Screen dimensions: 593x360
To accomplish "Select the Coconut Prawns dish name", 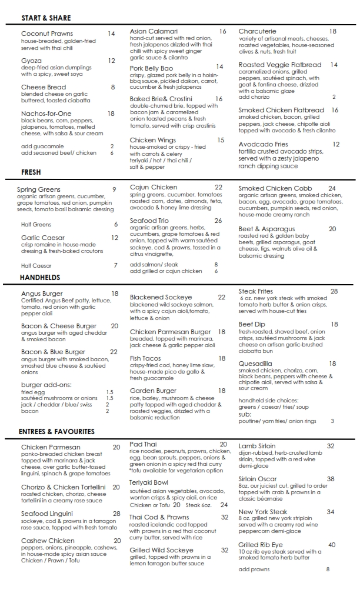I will (47, 34).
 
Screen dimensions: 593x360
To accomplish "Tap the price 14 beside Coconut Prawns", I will (111, 34).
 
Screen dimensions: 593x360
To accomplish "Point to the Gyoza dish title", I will (31, 61).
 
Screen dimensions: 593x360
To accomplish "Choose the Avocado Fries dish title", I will (264, 144).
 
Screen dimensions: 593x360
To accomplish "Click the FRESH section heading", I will (31, 173).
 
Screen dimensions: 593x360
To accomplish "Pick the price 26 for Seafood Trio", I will (218, 221).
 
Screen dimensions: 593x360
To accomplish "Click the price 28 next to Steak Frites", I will (334, 291).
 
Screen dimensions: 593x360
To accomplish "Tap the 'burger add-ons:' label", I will (46, 384).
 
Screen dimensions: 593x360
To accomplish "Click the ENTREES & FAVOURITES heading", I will (56, 431).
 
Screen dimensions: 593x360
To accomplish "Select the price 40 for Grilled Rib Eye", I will (332, 545).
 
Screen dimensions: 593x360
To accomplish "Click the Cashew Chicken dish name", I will (48, 541).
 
